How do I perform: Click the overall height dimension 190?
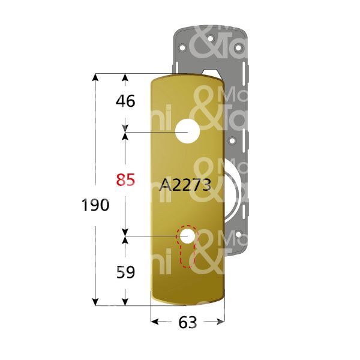pyautogui.click(x=95, y=205)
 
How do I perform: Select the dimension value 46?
pyautogui.click(x=125, y=101)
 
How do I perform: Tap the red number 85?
pyautogui.click(x=125, y=179)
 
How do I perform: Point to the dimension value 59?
pyautogui.click(x=125, y=272)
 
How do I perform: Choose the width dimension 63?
pyautogui.click(x=188, y=323)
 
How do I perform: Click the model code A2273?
pyautogui.click(x=185, y=185)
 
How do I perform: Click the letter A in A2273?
pyautogui.click(x=165, y=185)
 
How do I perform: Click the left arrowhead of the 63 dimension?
pyautogui.click(x=154, y=322)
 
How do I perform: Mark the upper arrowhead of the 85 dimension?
pyautogui.click(x=125, y=136)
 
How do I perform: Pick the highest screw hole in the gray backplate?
pyautogui.click(x=211, y=38)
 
